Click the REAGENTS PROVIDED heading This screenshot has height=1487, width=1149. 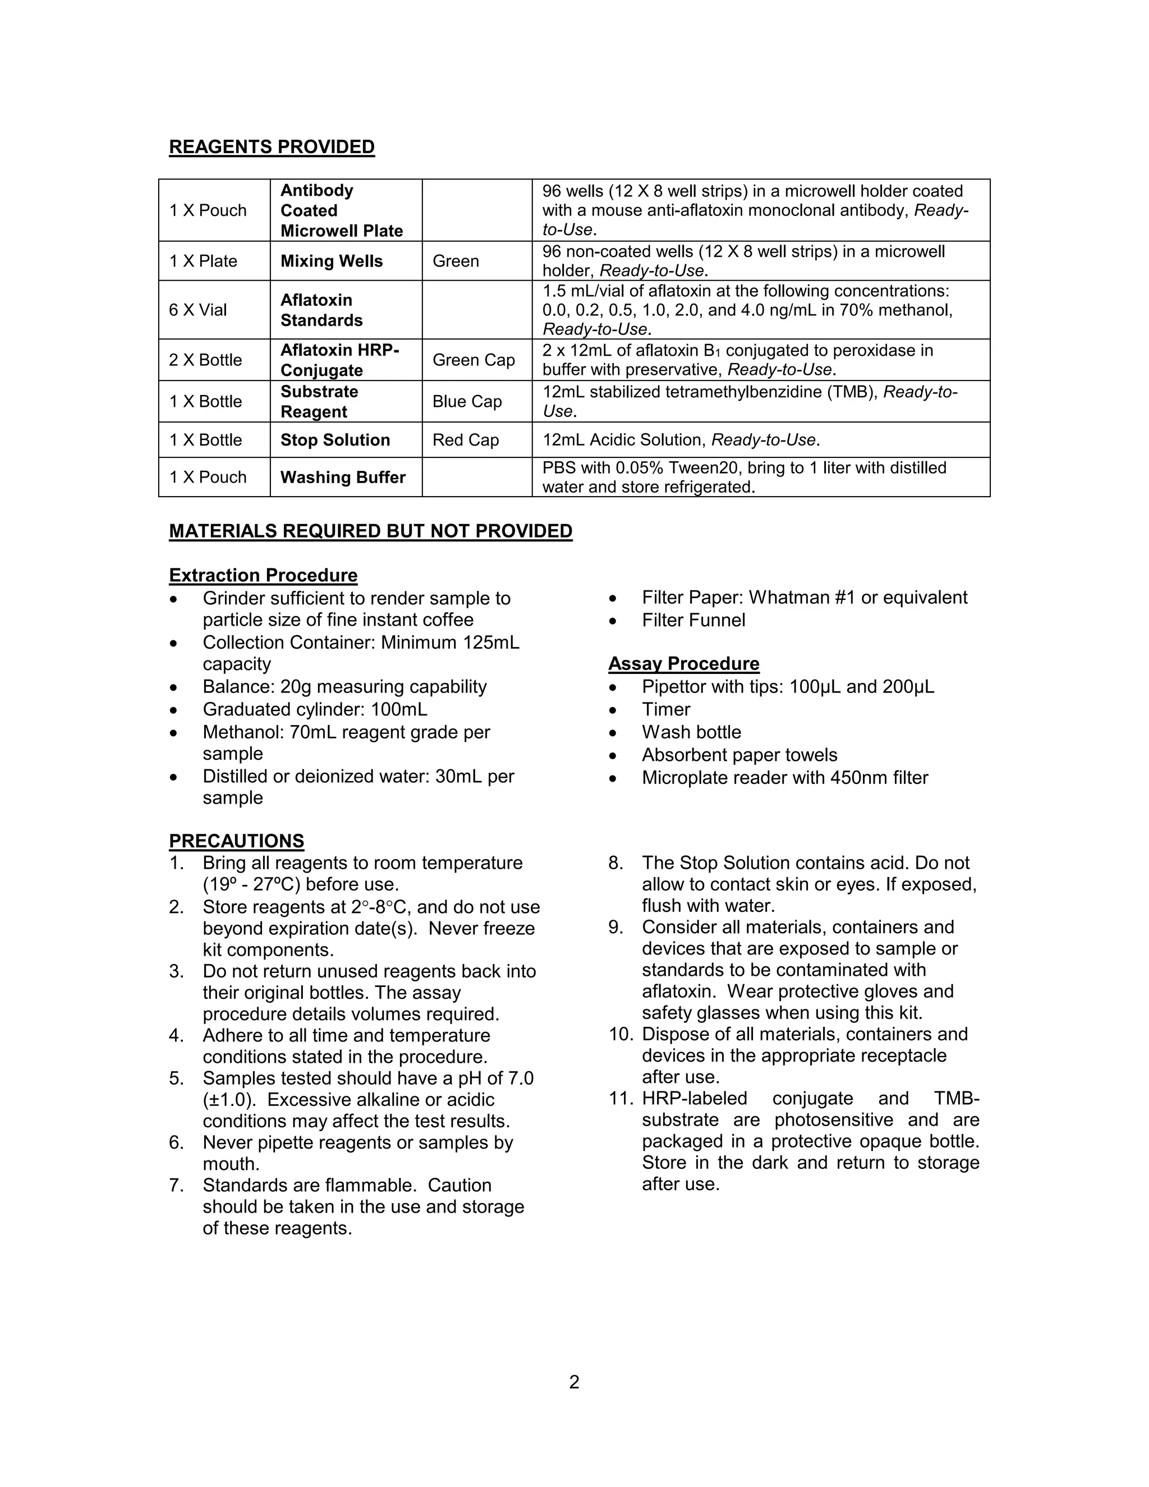272,147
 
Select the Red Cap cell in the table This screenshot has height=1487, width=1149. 466,440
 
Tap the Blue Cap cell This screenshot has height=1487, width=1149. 467,402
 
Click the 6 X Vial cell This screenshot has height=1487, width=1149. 198,310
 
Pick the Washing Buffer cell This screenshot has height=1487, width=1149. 342,478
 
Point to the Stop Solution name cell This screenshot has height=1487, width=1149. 335,440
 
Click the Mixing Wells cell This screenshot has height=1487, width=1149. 332,261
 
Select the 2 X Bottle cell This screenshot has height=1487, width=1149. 205,360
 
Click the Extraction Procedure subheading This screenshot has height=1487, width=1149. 263,575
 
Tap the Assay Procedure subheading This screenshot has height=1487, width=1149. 683,663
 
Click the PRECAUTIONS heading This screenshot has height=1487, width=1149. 236,841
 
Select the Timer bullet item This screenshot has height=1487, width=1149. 666,709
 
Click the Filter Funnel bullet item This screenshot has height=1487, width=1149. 693,620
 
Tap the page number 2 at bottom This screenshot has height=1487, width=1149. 574,1382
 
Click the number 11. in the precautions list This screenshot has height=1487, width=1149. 622,1099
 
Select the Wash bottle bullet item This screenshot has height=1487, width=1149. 691,732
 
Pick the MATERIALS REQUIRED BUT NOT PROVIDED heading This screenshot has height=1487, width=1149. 370,531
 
